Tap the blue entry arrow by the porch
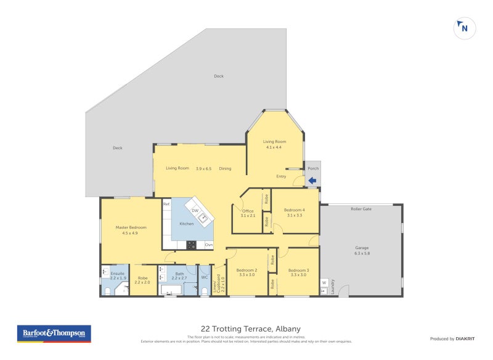click(x=312, y=181)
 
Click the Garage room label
click(x=362, y=248)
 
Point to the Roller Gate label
click(x=361, y=209)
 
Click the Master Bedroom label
click(x=131, y=227)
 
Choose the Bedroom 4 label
click(x=294, y=210)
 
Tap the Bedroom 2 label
click(x=246, y=270)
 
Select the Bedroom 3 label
click(x=298, y=270)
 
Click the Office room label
click(x=248, y=210)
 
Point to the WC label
click(x=204, y=277)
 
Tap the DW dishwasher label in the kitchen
click(x=195, y=211)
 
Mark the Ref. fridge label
click(x=166, y=203)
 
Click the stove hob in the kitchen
click(x=191, y=244)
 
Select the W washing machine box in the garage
click(x=324, y=283)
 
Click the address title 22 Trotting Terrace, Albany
click(x=250, y=329)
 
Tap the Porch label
click(x=313, y=168)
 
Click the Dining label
click(x=225, y=168)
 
